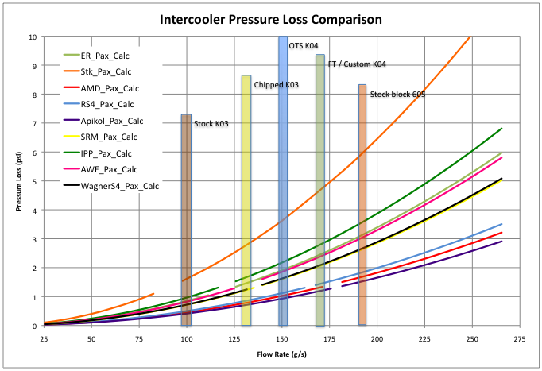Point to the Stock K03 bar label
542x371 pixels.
(211, 123)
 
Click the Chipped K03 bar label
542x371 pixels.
(276, 84)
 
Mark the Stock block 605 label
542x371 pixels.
(397, 95)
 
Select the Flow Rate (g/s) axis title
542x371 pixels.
(281, 354)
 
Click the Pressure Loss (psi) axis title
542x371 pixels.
(17, 181)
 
